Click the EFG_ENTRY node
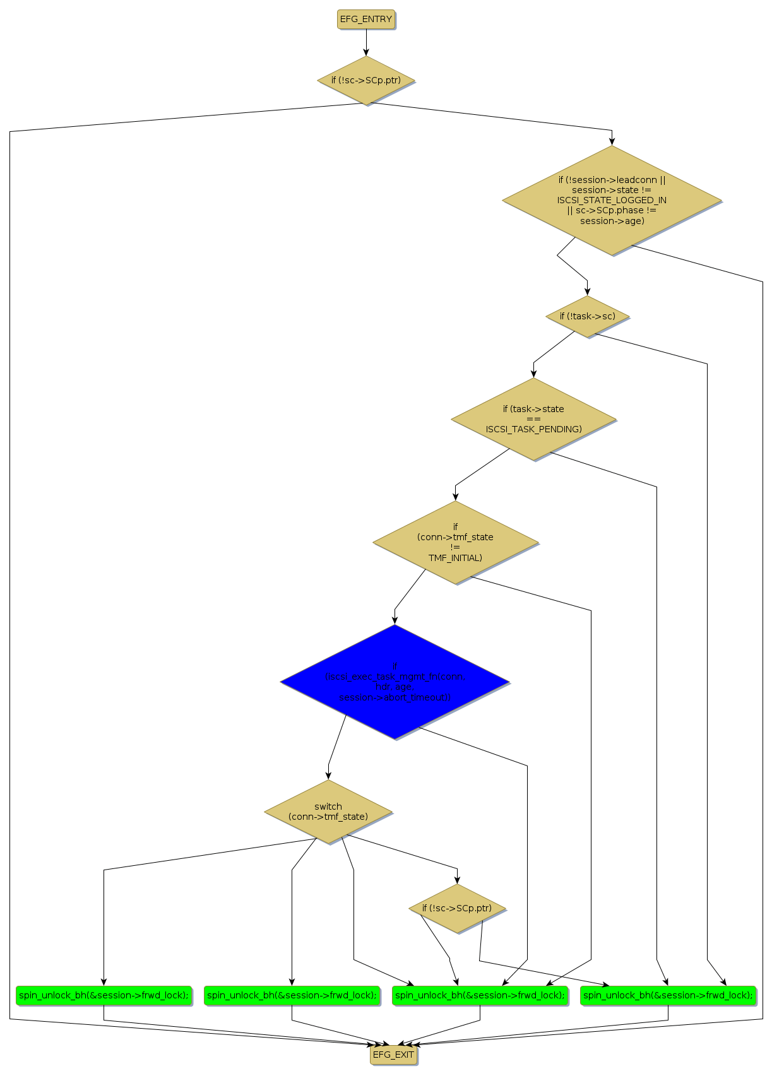(366, 20)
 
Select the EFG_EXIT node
(393, 1055)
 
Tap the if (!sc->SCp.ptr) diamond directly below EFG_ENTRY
(366, 80)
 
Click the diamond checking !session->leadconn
(612, 201)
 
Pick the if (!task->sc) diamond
(587, 316)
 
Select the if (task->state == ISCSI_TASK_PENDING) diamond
(533, 419)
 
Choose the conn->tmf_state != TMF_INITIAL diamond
(455, 542)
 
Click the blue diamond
(395, 682)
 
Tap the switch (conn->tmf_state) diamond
(328, 812)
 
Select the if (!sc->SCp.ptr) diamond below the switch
(457, 909)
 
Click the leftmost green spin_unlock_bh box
(104, 995)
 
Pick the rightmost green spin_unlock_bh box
(668, 995)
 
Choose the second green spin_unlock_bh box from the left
(292, 995)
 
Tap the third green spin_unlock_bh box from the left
(480, 995)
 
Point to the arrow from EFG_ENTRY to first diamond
(366, 42)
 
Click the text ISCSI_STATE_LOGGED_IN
(612, 200)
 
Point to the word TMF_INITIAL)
(455, 558)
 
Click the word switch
(328, 807)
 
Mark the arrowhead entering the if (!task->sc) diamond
(587, 292)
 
